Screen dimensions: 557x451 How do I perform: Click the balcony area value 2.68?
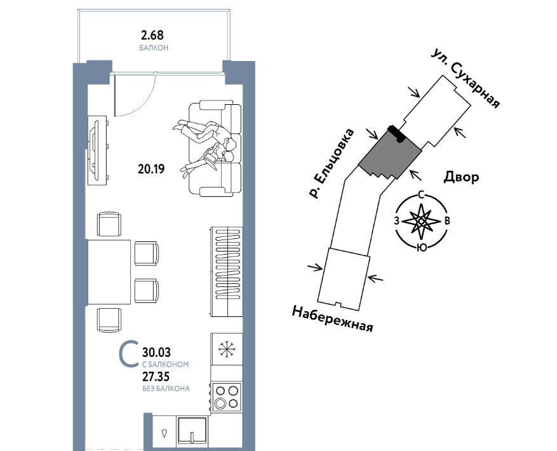click(x=152, y=35)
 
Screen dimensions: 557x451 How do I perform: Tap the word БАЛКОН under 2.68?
click(x=154, y=48)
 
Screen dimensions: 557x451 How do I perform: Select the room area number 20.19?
click(x=151, y=169)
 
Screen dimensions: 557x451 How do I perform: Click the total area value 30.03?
click(x=156, y=352)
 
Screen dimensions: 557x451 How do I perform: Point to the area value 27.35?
click(x=156, y=376)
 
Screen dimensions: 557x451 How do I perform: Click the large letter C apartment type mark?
click(x=129, y=353)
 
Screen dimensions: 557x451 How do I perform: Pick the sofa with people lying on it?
click(x=215, y=149)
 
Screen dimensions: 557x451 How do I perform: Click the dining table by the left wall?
click(x=109, y=272)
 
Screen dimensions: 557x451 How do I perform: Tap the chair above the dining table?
click(x=109, y=224)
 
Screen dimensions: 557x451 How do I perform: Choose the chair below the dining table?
click(x=109, y=320)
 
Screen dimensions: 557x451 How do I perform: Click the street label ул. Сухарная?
click(x=466, y=79)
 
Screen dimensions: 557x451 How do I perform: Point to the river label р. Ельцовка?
click(x=332, y=163)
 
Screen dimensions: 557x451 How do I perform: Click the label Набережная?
click(x=333, y=319)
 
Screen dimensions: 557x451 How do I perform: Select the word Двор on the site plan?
click(x=461, y=177)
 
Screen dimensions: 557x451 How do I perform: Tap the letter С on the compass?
click(x=421, y=194)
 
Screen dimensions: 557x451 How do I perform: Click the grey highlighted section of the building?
click(x=390, y=154)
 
